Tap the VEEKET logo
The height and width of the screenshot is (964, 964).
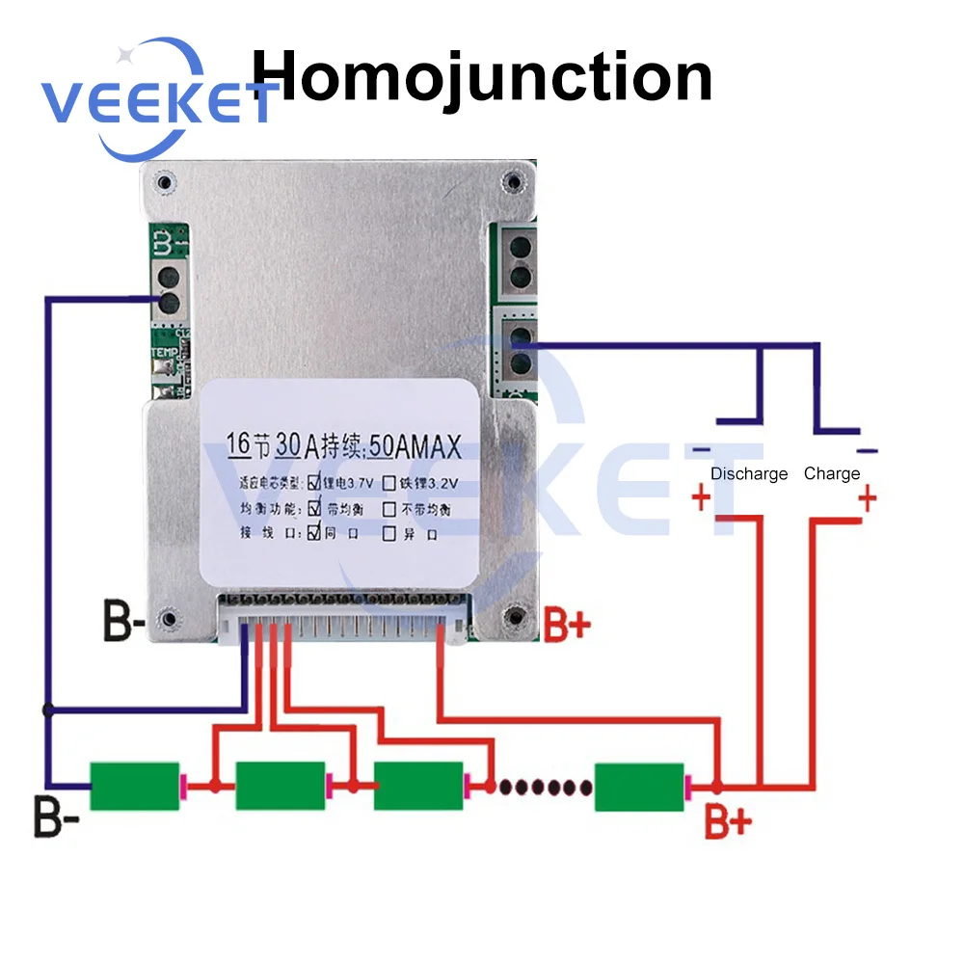pos(154,99)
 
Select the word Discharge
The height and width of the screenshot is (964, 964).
pos(749,473)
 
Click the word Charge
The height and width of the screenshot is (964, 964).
pos(831,473)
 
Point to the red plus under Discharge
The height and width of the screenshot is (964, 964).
pos(701,499)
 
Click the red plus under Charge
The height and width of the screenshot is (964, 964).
pos(868,499)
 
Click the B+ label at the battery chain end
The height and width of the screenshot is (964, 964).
pos(728,821)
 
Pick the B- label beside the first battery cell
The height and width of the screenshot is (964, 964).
pos(54,817)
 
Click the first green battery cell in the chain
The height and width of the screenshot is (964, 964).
pos(135,786)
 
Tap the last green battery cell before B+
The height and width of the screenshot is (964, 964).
pos(638,787)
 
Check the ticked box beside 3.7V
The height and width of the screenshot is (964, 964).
pos(314,482)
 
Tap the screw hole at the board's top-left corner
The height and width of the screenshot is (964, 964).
pos(167,182)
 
